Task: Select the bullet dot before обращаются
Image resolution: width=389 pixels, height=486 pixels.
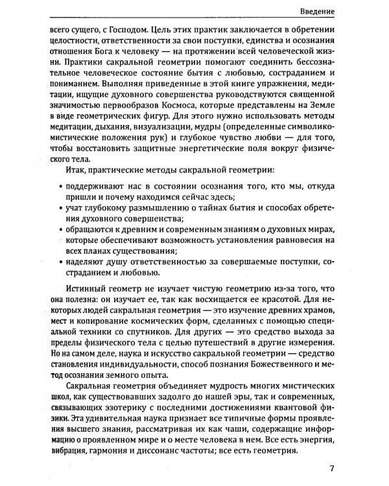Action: (60, 230)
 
